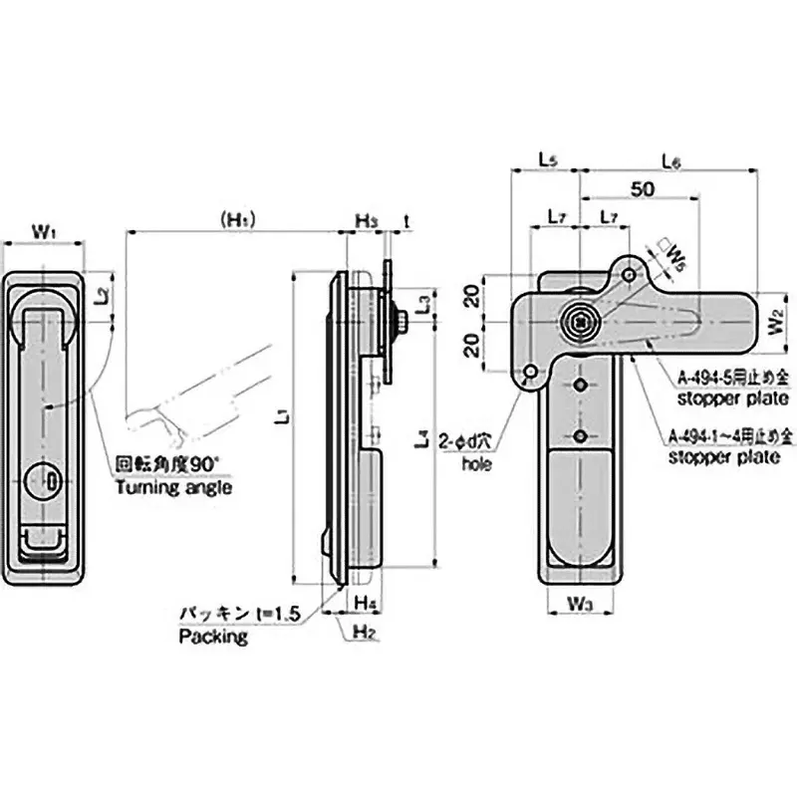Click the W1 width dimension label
(44, 230)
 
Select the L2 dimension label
(103, 296)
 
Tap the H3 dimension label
(367, 221)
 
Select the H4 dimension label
(365, 603)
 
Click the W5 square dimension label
(674, 257)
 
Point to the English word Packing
(212, 637)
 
